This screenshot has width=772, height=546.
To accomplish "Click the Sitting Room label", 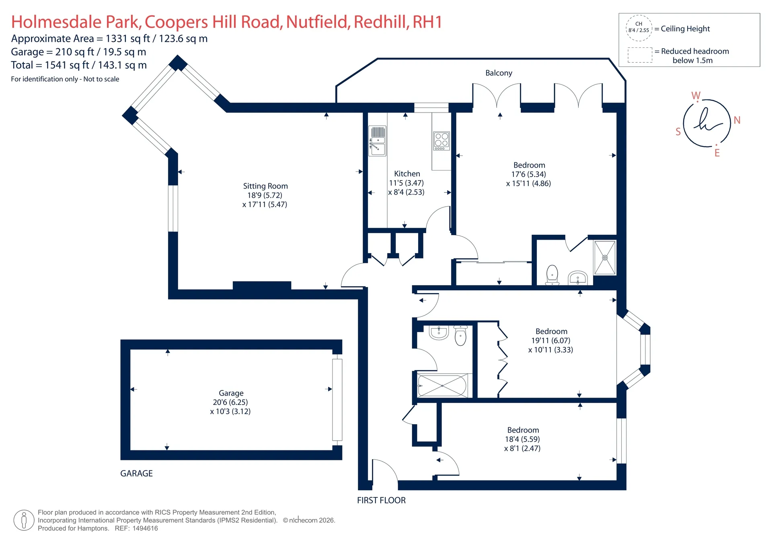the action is [x=265, y=186].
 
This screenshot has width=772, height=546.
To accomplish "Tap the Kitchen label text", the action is [x=407, y=174].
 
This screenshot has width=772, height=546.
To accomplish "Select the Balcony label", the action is [x=499, y=73].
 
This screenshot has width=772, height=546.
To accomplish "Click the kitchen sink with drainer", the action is [x=377, y=141].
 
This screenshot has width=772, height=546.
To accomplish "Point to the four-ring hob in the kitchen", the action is [x=441, y=141].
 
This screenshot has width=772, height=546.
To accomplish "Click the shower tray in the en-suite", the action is [x=605, y=258].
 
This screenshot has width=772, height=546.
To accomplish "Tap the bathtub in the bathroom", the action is [x=442, y=386].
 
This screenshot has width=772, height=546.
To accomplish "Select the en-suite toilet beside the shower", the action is [x=552, y=275].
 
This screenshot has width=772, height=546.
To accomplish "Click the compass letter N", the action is [x=737, y=120].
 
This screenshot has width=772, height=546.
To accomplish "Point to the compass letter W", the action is [x=696, y=96].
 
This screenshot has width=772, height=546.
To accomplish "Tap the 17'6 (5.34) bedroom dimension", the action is [x=529, y=174].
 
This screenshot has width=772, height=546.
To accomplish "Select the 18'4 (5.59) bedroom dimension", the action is [x=522, y=439].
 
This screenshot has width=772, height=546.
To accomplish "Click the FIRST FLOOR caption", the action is [x=381, y=500].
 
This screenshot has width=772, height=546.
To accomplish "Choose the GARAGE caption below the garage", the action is [x=136, y=473].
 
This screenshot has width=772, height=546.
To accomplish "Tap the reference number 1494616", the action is [x=145, y=528].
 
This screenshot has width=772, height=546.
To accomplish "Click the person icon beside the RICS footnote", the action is [x=24, y=520].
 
